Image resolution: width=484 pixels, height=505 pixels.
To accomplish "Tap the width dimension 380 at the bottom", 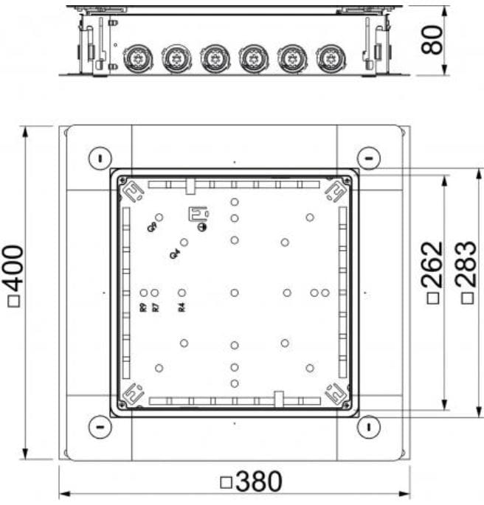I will (x=252, y=482).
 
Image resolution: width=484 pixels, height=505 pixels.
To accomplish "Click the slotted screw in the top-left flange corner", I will (x=99, y=157).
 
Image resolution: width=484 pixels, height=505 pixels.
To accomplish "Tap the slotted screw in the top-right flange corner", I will (x=368, y=157).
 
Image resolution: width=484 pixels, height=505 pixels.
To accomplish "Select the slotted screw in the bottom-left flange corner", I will (x=99, y=427).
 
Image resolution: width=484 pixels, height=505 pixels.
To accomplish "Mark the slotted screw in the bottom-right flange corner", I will (x=368, y=427).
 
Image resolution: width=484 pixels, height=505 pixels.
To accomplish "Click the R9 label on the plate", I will (x=143, y=307).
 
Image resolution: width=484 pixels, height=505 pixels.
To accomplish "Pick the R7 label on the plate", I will (x=155, y=307).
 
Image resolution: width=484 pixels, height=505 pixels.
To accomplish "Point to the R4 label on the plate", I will (x=181, y=307).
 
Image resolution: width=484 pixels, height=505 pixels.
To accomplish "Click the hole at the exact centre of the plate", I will (x=234, y=293).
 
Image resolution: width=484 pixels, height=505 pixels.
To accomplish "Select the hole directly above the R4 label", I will (x=181, y=293).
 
